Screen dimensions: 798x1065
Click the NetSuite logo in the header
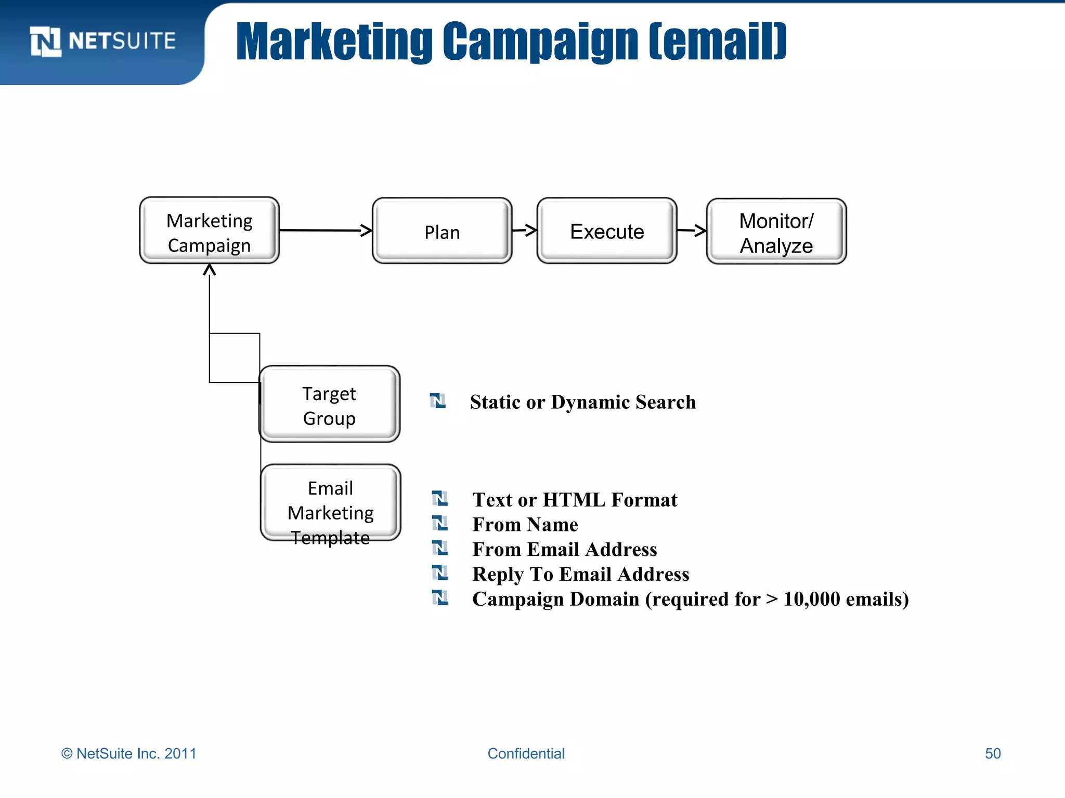coord(102,41)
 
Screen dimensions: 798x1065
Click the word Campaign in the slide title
coord(540,42)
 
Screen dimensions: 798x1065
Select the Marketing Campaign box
coord(210,231)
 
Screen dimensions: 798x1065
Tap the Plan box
coord(442,231)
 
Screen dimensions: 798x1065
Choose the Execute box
coord(607,231)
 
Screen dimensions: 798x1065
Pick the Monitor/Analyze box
coord(776,232)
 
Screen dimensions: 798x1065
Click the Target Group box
coord(330,405)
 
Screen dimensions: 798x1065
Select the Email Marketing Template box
coord(331,503)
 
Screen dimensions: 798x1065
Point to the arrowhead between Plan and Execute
coord(531,230)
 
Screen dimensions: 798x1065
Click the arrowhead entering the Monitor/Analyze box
coord(700,231)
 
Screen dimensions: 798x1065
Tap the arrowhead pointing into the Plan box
coord(367,230)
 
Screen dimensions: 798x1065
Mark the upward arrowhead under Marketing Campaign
coord(210,270)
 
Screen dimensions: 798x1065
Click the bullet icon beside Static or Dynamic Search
coord(438,401)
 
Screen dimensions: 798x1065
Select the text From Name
coord(525,525)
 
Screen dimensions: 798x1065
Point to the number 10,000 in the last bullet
coord(811,599)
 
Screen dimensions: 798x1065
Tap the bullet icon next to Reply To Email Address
coord(440,573)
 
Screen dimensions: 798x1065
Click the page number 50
coord(993,753)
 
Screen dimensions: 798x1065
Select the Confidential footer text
coord(526,753)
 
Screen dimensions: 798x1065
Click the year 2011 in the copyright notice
coord(180,753)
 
